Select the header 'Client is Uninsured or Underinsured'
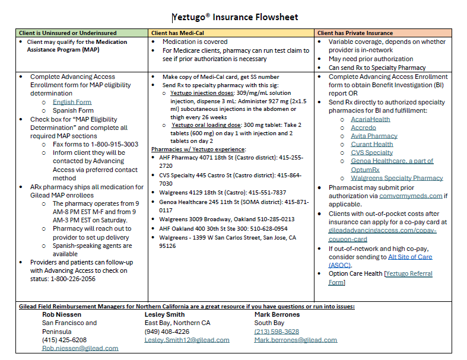[68, 33]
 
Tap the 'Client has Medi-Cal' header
[176, 33]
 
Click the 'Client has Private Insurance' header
[355, 33]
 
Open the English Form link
[72, 102]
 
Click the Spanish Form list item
[73, 110]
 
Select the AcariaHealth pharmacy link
[370, 119]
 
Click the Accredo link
[363, 128]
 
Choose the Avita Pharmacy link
[374, 136]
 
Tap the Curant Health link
[371, 144]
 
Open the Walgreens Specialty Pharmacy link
[396, 178]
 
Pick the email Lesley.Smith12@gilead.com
[187, 340]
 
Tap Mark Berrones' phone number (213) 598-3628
[277, 332]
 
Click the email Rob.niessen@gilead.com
[80, 348]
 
